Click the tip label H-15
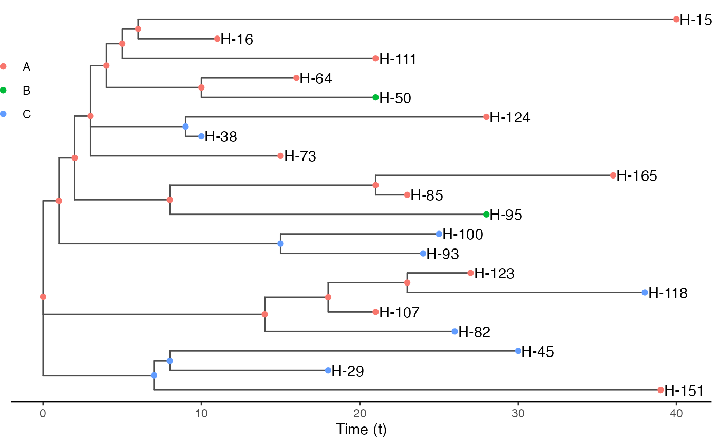tap(695, 20)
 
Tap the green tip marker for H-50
tap(375, 97)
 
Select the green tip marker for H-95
tap(486, 215)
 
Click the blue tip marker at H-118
tap(645, 292)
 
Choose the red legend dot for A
tap(4, 66)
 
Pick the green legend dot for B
tap(4, 91)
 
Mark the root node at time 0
tap(43, 297)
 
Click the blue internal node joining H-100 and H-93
tap(280, 243)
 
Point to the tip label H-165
tap(636, 176)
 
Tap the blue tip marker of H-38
tap(201, 136)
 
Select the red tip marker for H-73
tap(280, 155)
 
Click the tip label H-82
tap(474, 332)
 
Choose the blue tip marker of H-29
tap(328, 370)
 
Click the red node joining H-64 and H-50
tap(201, 87)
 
